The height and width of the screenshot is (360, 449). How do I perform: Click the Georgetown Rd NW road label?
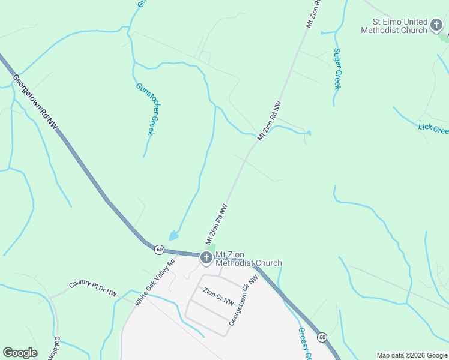tap(36, 101)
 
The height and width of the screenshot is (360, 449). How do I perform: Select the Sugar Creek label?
tap(337, 69)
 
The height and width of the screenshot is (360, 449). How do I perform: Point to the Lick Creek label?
tap(433, 128)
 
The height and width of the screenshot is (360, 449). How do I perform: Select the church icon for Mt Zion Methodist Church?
tap(206, 259)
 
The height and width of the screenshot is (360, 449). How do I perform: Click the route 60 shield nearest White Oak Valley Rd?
tap(159, 249)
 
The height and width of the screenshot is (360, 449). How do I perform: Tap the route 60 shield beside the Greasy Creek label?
tap(322, 337)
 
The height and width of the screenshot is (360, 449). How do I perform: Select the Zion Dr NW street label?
tap(218, 297)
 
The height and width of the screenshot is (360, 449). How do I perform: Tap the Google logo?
tap(20, 353)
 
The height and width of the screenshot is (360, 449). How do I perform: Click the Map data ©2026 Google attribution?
tap(412, 355)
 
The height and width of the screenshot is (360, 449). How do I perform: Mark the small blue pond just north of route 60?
tap(173, 236)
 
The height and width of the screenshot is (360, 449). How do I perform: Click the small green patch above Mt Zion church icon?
tap(211, 248)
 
